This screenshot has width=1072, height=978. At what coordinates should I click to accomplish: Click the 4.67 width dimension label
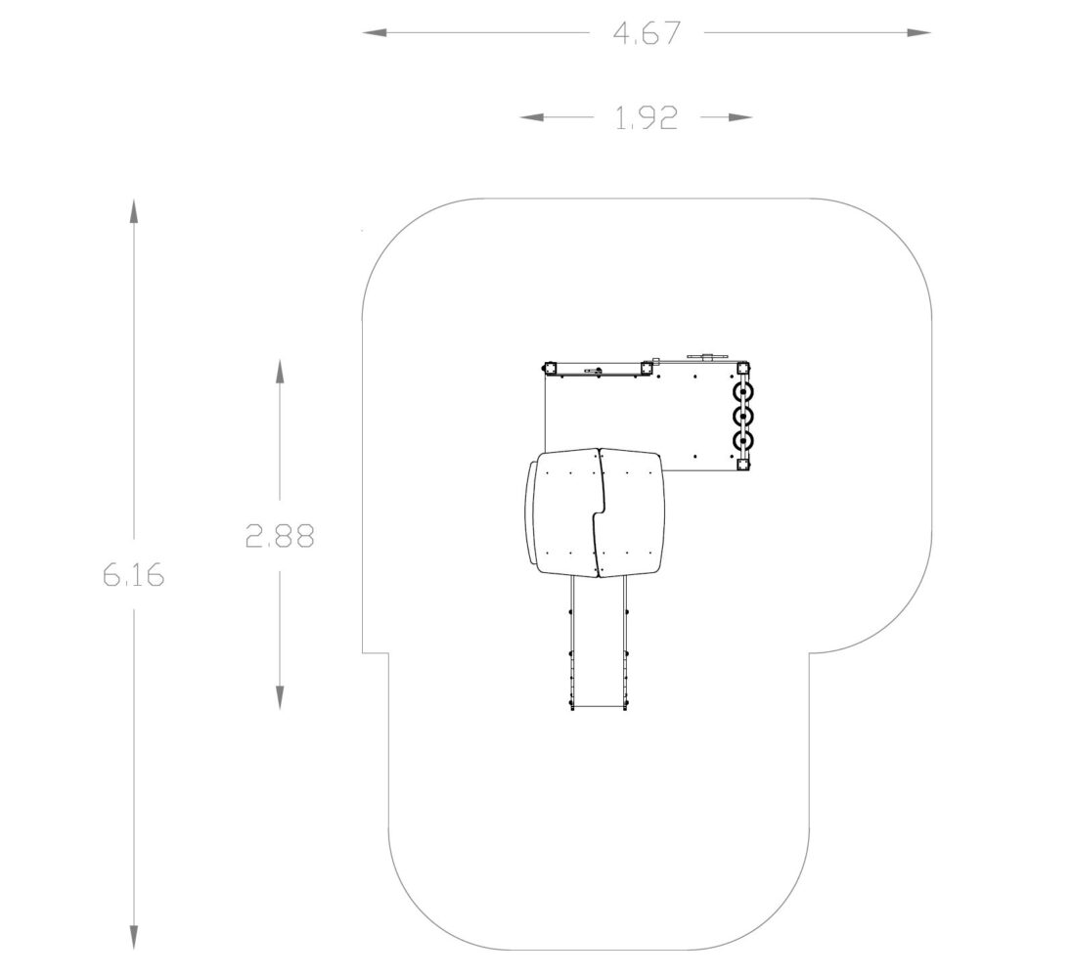pos(647,33)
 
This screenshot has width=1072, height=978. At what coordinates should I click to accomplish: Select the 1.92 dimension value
pos(647,118)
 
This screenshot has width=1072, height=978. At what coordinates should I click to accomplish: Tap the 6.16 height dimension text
pos(134,575)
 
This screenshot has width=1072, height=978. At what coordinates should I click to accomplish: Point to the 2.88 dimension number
pos(280,537)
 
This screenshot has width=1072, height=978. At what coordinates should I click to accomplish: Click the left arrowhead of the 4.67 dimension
pos(376,33)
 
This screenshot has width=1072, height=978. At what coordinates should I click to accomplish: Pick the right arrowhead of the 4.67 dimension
pos(918,33)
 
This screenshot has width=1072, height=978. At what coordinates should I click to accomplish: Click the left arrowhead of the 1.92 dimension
pos(533,117)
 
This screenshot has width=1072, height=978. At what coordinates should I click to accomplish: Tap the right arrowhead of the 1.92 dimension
pos(739,117)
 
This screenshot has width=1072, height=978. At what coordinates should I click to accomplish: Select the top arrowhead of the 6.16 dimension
pos(134,211)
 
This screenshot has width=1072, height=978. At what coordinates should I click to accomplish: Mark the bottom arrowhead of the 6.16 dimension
pos(134,937)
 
